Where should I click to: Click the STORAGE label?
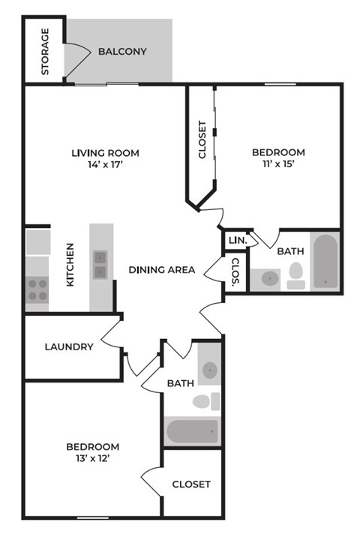click(x=45, y=52)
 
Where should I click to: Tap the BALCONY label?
click(x=122, y=52)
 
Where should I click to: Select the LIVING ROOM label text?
click(x=105, y=153)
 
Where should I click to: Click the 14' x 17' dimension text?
click(x=105, y=166)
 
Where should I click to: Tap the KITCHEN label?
click(x=70, y=265)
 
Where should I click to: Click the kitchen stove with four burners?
click(x=37, y=289)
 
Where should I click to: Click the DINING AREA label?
click(x=162, y=270)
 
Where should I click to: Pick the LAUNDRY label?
click(x=69, y=346)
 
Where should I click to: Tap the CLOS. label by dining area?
click(x=235, y=274)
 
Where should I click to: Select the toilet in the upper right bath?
click(x=296, y=274)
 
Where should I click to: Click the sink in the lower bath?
click(x=210, y=369)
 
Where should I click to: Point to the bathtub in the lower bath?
click(x=192, y=431)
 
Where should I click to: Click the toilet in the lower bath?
click(x=205, y=401)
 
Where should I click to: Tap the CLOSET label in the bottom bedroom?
click(x=191, y=484)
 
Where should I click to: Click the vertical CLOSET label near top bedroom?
click(x=202, y=140)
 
